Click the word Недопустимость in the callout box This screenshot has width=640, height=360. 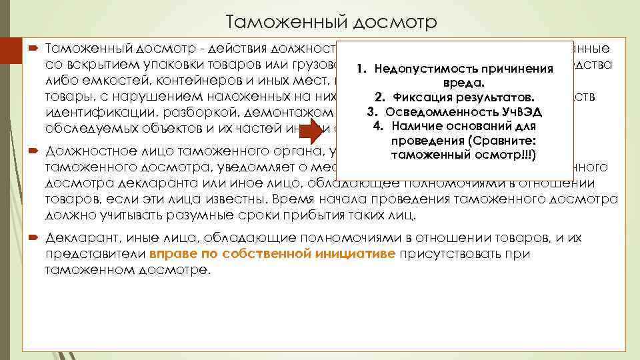(x=417, y=69)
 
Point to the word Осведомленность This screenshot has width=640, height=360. (x=433, y=111)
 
